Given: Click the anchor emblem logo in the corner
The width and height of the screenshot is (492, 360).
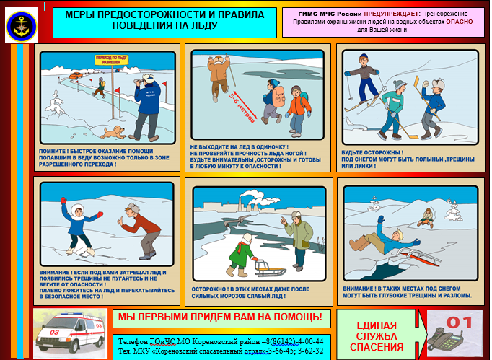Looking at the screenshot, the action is click(x=22, y=26).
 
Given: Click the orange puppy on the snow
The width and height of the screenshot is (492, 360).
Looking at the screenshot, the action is click(x=113, y=132).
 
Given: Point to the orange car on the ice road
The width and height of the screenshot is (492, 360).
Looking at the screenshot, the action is click(x=76, y=75).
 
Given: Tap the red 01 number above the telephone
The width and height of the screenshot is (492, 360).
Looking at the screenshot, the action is click(x=459, y=322).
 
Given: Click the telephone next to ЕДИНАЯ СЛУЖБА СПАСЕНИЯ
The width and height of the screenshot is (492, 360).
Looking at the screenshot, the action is click(x=445, y=341).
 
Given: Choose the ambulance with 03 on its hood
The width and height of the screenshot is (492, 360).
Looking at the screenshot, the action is click(x=70, y=333).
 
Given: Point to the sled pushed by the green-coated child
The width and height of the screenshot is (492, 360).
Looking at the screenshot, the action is click(x=269, y=268).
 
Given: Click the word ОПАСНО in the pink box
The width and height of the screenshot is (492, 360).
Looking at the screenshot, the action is click(x=459, y=22).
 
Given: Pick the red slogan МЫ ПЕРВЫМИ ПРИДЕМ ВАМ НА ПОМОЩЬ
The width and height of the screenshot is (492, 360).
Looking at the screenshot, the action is click(x=220, y=317).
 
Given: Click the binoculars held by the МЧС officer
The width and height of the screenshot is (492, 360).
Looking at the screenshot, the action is click(x=138, y=81).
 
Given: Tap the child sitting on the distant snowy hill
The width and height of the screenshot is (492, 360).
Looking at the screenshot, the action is click(x=426, y=217).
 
